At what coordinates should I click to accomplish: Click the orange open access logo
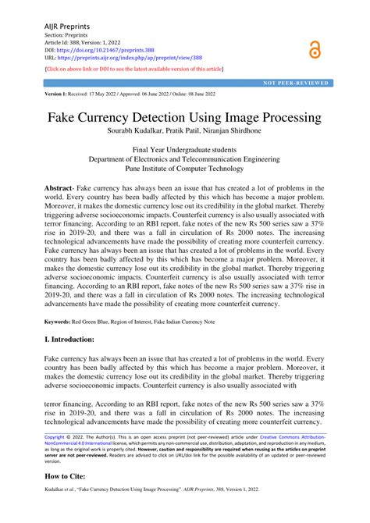click(314, 48)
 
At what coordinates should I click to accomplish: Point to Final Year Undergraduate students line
click(185, 148)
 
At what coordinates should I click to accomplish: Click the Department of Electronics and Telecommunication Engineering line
click(185, 158)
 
